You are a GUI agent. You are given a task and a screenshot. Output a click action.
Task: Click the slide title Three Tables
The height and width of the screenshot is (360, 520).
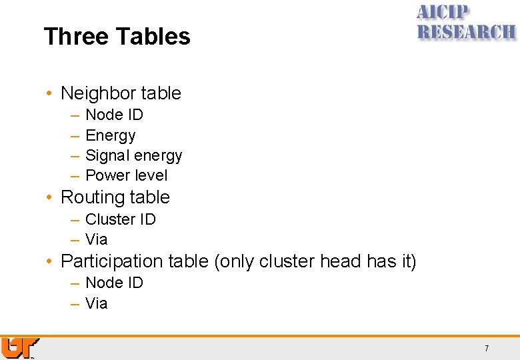pos(117,36)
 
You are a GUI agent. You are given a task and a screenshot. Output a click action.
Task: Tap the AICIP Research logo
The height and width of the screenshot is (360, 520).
pos(465,23)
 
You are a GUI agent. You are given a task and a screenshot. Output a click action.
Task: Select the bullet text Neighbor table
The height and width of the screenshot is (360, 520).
pos(121,93)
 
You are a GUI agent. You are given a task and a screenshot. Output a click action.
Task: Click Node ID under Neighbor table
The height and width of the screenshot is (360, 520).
pos(114,115)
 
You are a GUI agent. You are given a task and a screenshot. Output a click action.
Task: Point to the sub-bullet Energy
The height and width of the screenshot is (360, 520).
pos(111,136)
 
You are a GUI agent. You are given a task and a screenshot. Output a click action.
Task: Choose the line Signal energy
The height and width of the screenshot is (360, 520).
pos(133,156)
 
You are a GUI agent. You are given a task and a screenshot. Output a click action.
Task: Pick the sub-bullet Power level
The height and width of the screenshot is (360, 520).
pos(127,176)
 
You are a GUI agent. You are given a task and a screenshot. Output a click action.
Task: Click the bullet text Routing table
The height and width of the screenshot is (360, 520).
pos(115,197)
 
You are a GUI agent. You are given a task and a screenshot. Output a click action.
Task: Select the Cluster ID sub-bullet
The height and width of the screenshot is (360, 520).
pos(120,219)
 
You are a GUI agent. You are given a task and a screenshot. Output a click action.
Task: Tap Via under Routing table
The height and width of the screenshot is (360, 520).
pos(97,239)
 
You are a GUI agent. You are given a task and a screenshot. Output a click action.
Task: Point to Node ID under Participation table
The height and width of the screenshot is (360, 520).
pos(114,283)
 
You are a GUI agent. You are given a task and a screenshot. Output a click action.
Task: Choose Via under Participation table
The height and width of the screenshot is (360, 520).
pos(97,303)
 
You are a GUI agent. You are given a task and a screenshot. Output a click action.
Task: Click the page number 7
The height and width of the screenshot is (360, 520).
pos(487,349)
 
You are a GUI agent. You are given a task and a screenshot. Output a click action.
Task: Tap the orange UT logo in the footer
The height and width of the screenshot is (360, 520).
pos(19,348)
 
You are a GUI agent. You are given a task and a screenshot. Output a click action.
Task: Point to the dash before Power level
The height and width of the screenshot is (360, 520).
pos(75,176)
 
